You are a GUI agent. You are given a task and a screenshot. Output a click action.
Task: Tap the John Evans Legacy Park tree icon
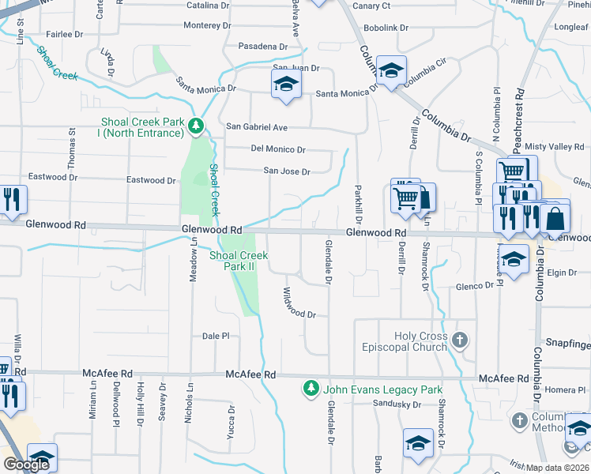coord(311,389)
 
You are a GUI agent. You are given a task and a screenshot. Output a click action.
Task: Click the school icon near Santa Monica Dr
coord(286,85)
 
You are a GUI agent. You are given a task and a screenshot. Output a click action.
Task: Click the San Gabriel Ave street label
coord(257,126)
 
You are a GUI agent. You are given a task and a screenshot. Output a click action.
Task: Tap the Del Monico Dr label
coord(278,149)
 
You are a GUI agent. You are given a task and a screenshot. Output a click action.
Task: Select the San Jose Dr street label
coord(286,171)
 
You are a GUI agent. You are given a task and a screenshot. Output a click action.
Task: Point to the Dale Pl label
coord(215,336)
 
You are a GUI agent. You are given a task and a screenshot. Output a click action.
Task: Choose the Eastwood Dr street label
coord(151,180)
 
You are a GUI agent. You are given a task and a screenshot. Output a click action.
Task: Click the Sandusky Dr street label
coord(397,404)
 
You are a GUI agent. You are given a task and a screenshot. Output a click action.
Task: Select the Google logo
coord(26,465)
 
